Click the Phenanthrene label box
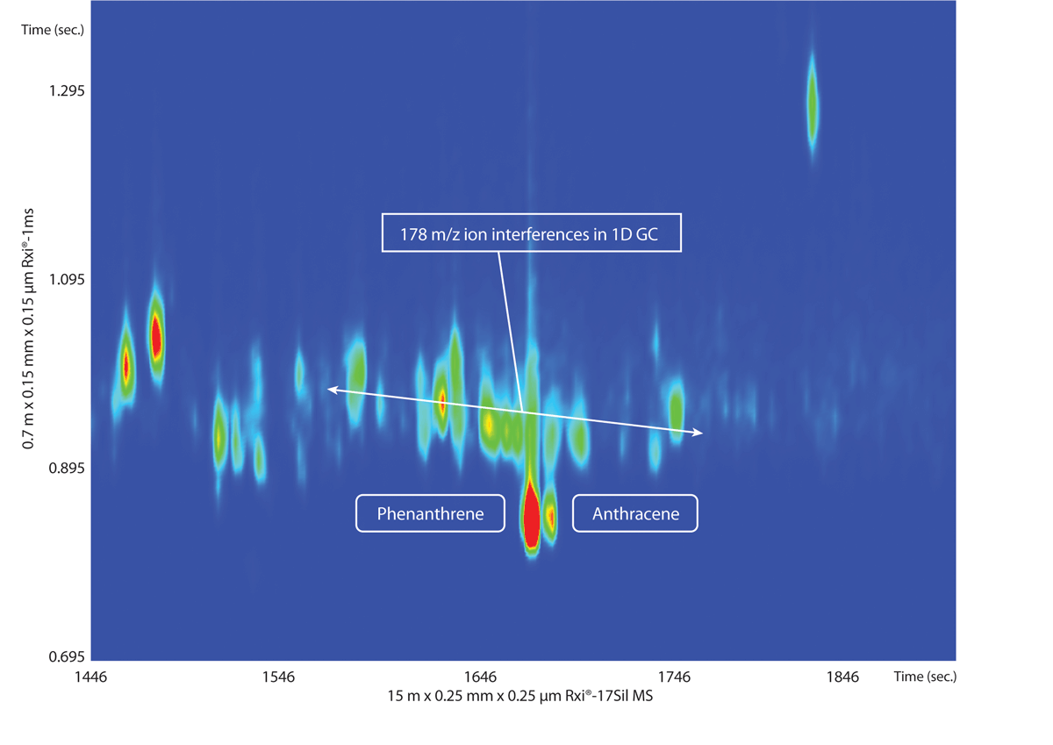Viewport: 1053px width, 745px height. pos(430,513)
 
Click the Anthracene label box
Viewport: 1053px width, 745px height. pos(635,513)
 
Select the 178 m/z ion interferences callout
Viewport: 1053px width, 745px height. pos(531,233)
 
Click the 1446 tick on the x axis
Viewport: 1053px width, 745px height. pos(91,677)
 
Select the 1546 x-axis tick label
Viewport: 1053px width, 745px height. pos(278,677)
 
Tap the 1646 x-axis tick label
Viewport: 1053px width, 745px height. pos(480,677)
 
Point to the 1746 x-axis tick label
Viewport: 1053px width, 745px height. pos(674,677)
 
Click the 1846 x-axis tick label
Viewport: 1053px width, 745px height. pos(842,677)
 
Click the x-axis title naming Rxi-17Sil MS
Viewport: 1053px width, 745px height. pos(522,697)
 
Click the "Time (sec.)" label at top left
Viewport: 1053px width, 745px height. pos(48,30)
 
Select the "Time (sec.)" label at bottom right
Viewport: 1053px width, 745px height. pos(925,677)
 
